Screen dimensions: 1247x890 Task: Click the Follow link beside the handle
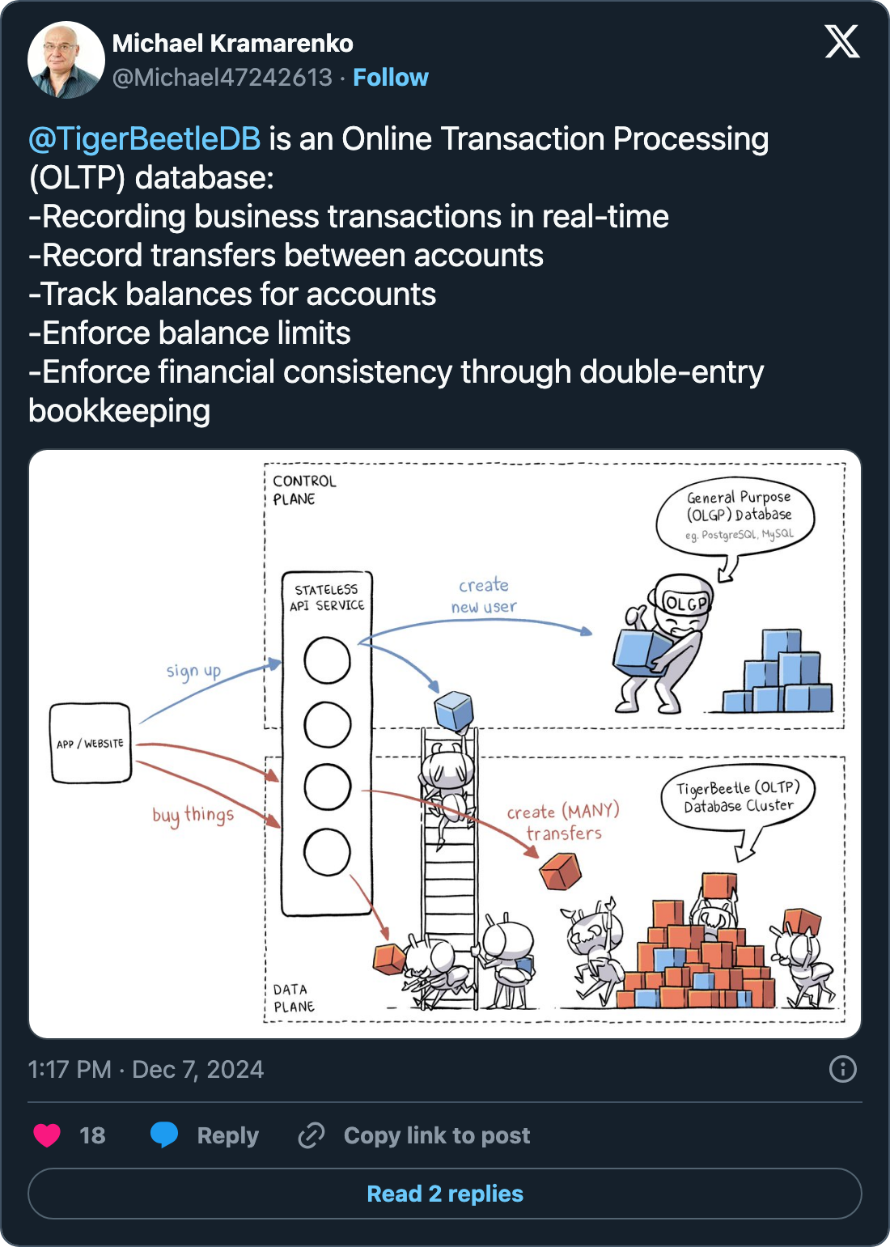click(x=390, y=78)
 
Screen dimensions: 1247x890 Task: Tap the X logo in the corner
click(x=842, y=41)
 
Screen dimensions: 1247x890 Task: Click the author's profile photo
click(x=66, y=61)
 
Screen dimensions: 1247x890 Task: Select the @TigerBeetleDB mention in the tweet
click(x=145, y=139)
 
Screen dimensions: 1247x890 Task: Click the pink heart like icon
click(x=47, y=1135)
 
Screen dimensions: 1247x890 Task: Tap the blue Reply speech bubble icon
click(x=164, y=1135)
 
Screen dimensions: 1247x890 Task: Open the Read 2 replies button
click(x=445, y=1194)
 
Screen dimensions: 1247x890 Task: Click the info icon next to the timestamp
click(x=842, y=1069)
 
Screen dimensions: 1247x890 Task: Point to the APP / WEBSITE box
click(x=91, y=744)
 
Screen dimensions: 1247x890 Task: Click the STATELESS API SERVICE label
click(x=327, y=597)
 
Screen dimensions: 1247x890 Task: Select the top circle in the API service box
click(x=327, y=660)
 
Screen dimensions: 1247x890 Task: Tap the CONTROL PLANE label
click(x=303, y=490)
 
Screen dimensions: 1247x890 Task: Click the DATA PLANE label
click(x=293, y=998)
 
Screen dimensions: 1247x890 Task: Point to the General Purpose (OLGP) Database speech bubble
click(x=737, y=515)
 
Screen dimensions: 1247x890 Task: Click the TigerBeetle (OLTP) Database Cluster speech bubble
click(x=737, y=796)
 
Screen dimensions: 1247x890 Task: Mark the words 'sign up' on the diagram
click(x=193, y=671)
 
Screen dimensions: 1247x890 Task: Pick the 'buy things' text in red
click(x=193, y=814)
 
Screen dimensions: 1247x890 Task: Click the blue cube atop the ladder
click(x=453, y=710)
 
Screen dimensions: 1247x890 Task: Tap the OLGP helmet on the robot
click(x=684, y=600)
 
